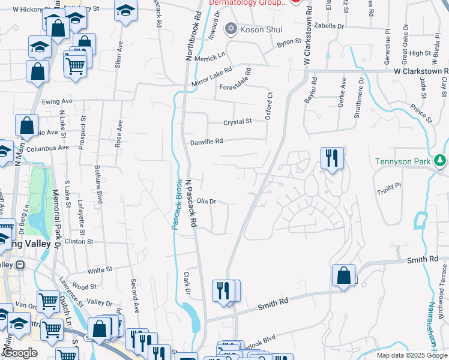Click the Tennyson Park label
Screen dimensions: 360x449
pyautogui.click(x=406, y=161)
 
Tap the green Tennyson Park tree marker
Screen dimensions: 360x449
pyautogui.click(x=441, y=160)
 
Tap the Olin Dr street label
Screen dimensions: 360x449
pyautogui.click(x=206, y=202)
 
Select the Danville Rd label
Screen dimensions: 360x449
pyautogui.click(x=206, y=142)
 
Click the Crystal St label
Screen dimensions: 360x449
pyautogui.click(x=238, y=122)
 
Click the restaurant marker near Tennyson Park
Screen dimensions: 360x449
pyautogui.click(x=332, y=158)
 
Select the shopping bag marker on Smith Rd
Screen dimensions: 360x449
pyautogui.click(x=343, y=276)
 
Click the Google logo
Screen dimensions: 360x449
pyautogui.click(x=20, y=353)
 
